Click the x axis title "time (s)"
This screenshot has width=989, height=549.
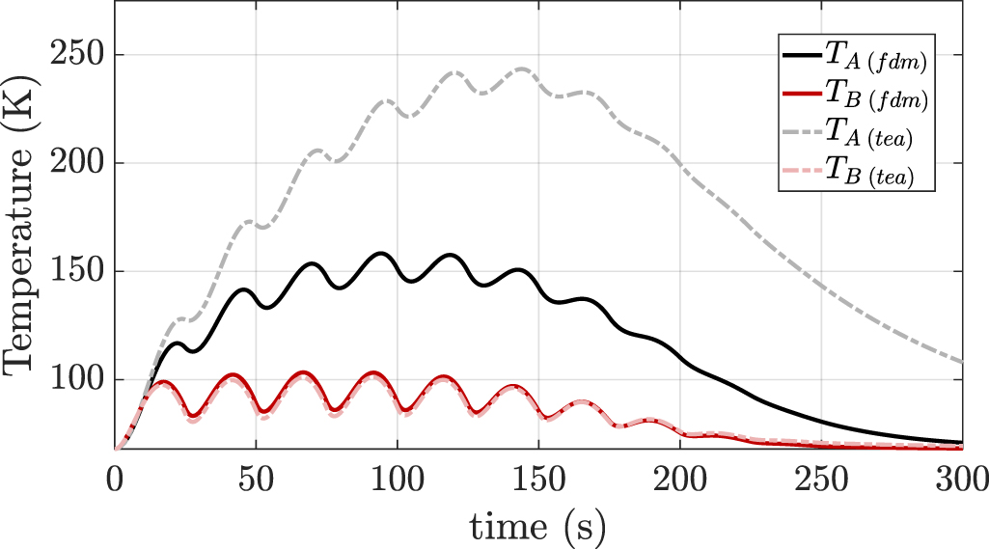point(538,526)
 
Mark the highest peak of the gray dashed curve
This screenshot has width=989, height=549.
point(523,69)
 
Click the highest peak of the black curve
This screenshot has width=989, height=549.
point(381,254)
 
